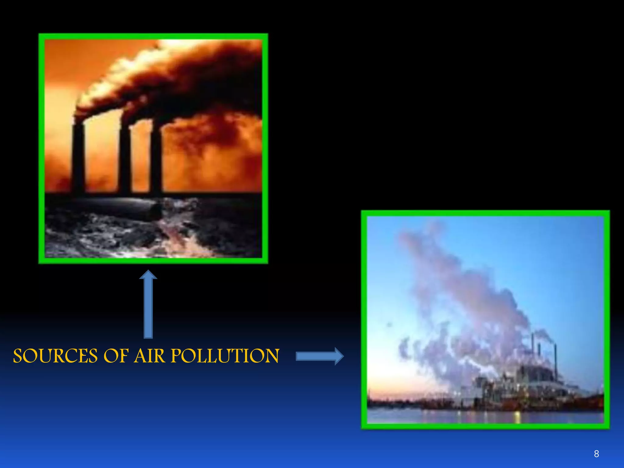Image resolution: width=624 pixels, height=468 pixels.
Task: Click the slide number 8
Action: pyautogui.click(x=596, y=454)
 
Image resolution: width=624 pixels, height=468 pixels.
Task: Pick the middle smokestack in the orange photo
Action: pyautogui.click(x=125, y=158)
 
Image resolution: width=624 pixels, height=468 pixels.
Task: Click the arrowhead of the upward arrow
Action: pyautogui.click(x=148, y=275)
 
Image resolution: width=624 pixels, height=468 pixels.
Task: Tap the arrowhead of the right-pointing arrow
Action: pyautogui.click(x=339, y=356)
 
